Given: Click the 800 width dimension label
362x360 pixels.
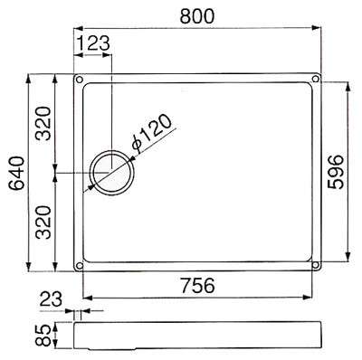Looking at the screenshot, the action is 197,16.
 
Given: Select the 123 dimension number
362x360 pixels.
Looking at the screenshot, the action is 92,43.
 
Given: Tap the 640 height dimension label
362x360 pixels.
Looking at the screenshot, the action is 16,173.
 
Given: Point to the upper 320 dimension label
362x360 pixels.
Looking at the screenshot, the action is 43,124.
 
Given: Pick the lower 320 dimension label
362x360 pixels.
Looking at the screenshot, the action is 43,223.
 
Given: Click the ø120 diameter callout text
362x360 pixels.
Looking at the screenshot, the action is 152,132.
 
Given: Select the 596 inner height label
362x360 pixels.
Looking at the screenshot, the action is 336,172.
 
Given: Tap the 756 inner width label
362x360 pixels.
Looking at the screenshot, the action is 198,286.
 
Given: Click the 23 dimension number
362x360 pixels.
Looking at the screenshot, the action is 51,299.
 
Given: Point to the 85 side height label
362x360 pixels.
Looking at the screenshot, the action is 43,336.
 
